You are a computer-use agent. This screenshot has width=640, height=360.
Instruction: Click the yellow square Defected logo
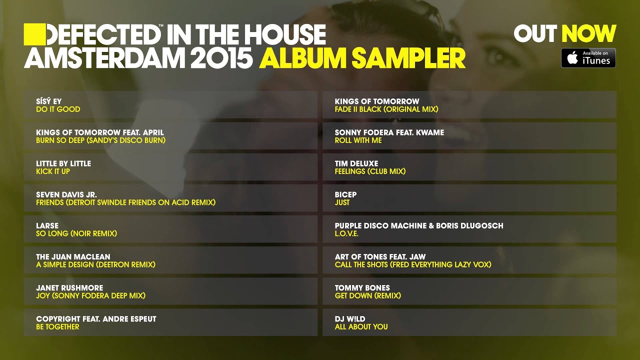click(34, 34)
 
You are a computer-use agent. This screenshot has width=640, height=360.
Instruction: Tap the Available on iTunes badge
click(588, 58)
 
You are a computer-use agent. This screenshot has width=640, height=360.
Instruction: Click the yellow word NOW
click(588, 34)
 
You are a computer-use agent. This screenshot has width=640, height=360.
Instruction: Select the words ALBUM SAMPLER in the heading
click(362, 58)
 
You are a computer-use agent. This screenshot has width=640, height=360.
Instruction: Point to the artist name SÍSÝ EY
click(49, 101)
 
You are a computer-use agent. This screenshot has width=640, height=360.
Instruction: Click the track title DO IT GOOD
click(58, 109)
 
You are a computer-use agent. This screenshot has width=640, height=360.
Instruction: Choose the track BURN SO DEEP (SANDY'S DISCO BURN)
click(100, 140)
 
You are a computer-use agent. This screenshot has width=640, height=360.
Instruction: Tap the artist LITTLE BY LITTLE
click(63, 163)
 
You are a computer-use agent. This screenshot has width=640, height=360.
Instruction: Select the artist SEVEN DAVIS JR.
click(66, 194)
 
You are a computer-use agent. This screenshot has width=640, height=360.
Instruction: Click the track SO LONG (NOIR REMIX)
click(76, 233)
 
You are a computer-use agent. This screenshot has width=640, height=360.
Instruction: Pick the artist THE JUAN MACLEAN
click(73, 256)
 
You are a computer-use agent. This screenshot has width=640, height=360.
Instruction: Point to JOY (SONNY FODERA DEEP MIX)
click(90, 295)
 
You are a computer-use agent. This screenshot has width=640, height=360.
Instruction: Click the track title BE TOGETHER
click(57, 326)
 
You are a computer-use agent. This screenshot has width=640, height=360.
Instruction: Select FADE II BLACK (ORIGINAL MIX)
click(386, 109)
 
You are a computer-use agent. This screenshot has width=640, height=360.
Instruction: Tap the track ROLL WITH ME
click(358, 140)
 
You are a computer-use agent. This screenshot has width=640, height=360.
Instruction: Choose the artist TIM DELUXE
click(356, 163)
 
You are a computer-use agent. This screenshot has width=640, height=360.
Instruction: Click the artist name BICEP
click(345, 194)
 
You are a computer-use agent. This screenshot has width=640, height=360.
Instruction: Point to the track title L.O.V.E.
click(346, 233)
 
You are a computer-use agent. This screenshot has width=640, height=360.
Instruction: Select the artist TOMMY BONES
click(362, 287)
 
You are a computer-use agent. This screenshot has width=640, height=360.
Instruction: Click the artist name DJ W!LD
click(350, 318)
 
